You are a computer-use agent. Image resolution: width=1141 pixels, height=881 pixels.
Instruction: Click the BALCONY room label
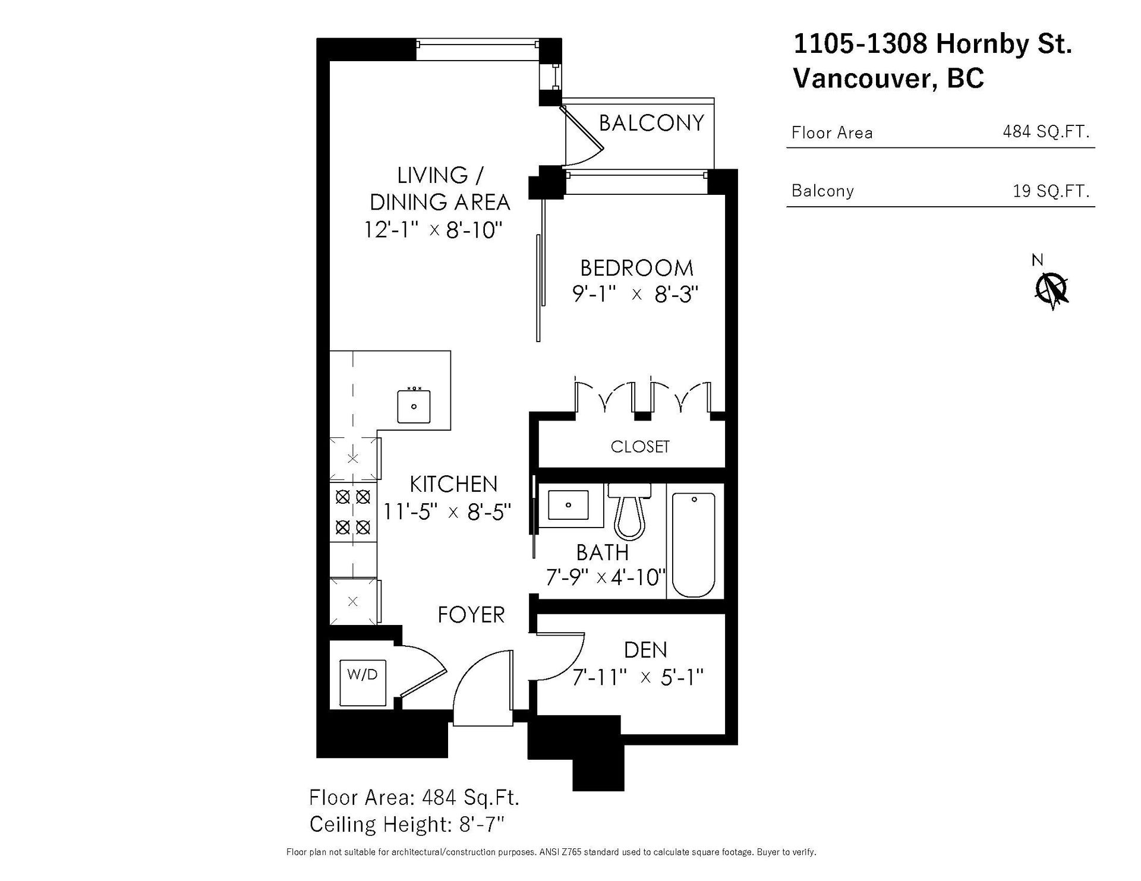(x=651, y=123)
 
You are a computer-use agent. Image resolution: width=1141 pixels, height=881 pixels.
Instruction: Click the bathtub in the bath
(x=694, y=544)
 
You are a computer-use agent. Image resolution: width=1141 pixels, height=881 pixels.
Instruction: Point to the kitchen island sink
(x=414, y=406)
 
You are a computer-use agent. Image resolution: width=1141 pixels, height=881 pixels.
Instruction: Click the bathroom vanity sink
(x=568, y=506)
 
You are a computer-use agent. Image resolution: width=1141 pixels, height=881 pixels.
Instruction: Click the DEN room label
(x=645, y=650)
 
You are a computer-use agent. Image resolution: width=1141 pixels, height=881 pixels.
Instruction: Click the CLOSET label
(x=640, y=447)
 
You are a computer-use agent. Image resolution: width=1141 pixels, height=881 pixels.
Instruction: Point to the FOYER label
(x=471, y=615)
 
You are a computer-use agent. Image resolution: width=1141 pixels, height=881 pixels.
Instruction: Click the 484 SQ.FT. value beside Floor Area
(x=1047, y=131)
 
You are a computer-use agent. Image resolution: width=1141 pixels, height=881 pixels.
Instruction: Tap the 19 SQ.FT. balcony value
(x=1051, y=191)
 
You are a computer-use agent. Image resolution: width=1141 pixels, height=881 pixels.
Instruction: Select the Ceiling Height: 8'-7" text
(x=407, y=825)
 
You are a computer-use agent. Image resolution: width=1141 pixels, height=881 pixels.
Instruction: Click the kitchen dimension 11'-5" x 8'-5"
(x=447, y=511)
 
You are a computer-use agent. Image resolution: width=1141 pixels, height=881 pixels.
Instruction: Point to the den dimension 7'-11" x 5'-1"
(x=638, y=677)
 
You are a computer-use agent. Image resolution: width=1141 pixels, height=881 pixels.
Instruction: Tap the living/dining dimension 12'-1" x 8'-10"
(x=434, y=229)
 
